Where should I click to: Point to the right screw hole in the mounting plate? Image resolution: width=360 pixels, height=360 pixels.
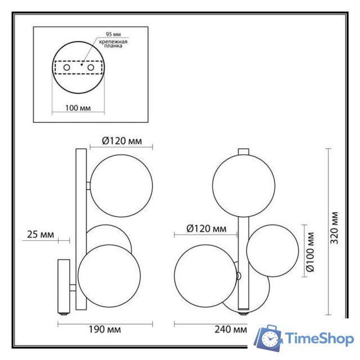(x=90, y=68)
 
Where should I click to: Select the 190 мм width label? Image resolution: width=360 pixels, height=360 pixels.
(x=106, y=329)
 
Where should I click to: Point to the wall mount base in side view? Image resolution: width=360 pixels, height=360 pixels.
(x=63, y=286)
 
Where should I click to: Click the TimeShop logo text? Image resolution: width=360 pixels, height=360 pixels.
(x=319, y=339)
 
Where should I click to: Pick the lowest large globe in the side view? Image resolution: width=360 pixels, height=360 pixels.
(x=109, y=275)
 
